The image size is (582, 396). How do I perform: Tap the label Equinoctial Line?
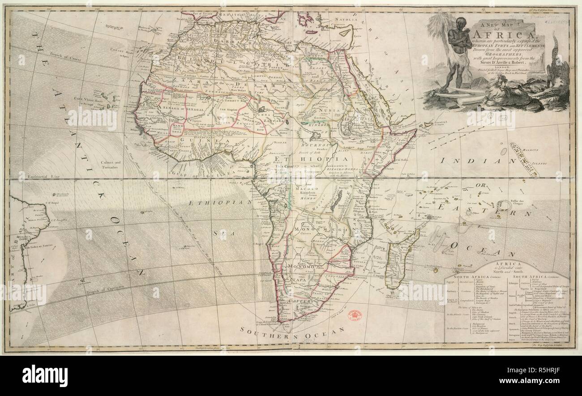pos(38,176)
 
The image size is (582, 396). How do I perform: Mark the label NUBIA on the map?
pos(330,110)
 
